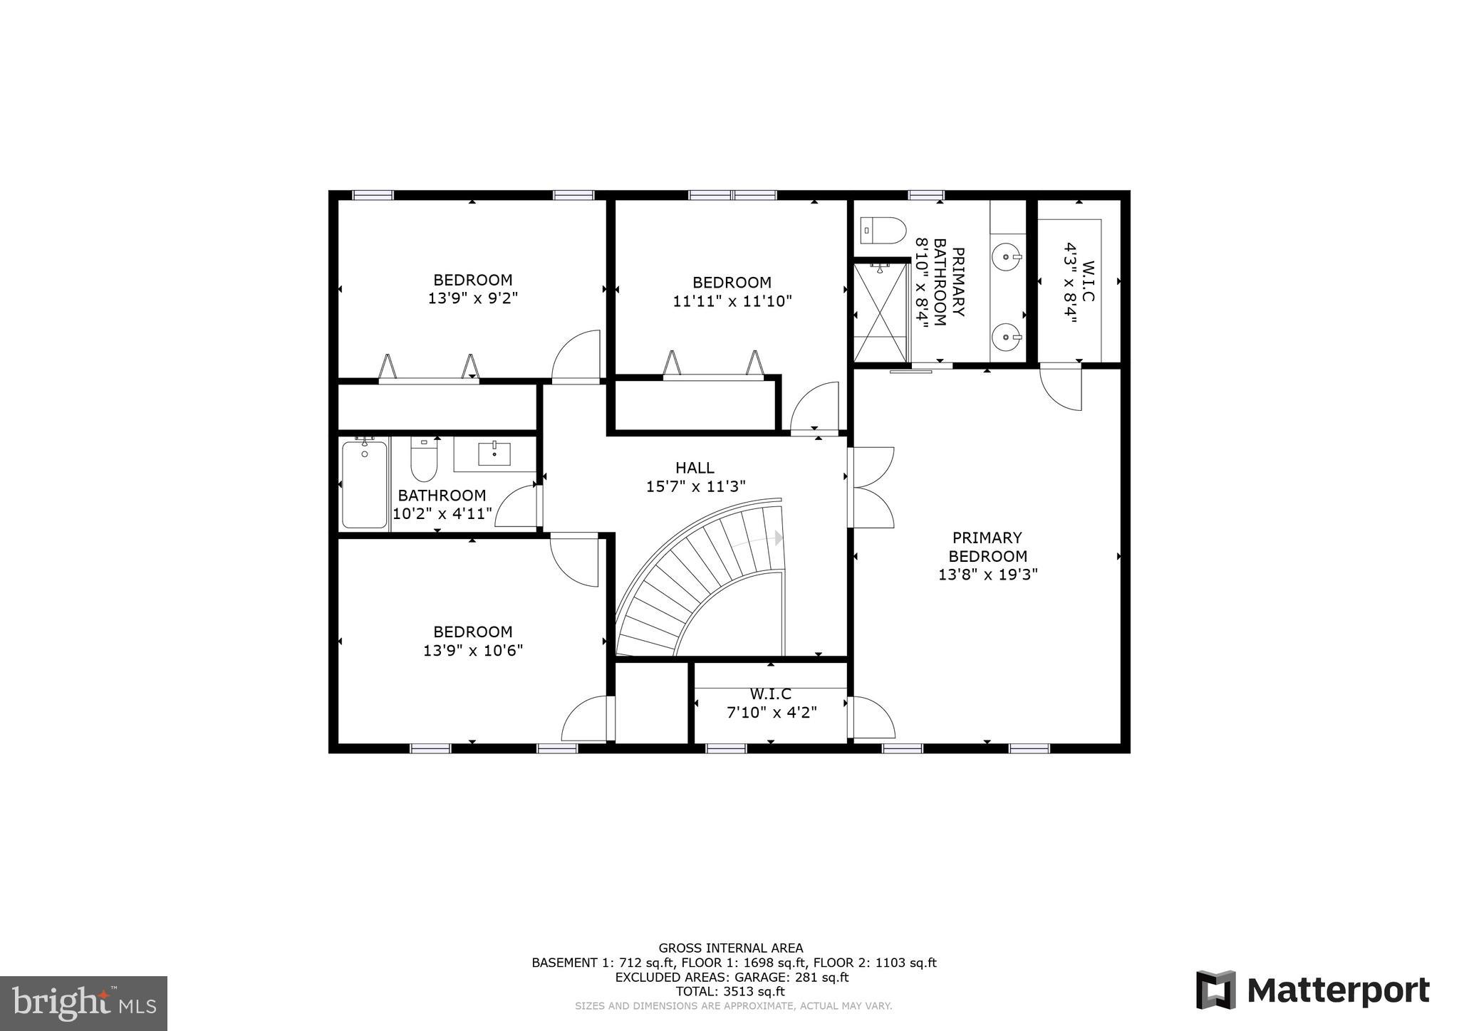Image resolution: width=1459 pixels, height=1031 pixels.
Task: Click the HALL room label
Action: (695, 468)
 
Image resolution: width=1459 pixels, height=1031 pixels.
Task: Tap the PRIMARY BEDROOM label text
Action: (987, 547)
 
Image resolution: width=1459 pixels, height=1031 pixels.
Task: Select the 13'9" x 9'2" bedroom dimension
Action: (472, 298)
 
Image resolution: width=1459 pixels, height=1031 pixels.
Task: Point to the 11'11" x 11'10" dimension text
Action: (732, 301)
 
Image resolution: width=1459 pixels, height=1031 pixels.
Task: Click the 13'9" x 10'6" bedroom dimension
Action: (473, 650)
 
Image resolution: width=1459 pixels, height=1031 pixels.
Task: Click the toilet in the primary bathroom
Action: (883, 231)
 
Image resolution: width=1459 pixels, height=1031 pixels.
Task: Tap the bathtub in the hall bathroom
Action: (364, 484)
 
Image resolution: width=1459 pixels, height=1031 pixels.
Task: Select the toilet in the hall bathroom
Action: (423, 461)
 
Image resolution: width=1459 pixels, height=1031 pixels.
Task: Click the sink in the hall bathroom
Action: (494, 453)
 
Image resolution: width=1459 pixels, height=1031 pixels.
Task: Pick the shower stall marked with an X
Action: (882, 313)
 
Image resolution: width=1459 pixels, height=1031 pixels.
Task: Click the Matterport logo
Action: (1312, 990)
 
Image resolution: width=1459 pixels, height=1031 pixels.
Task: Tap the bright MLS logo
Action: (83, 1003)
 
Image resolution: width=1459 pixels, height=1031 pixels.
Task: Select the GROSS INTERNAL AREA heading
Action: (730, 948)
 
